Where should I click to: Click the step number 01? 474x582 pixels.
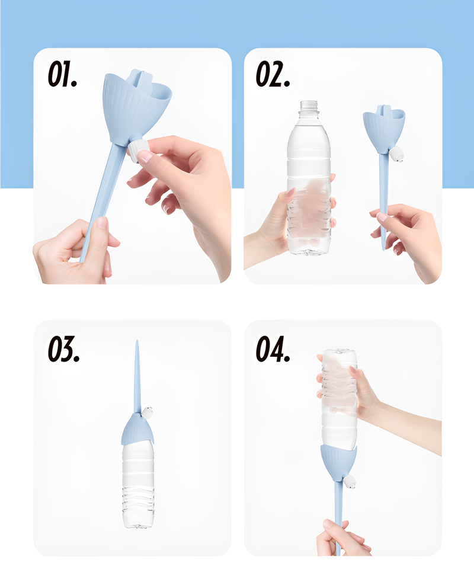click(62, 75)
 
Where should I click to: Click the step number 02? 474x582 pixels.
click(273, 75)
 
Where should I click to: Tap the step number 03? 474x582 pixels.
click(63, 349)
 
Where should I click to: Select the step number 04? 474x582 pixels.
click(273, 349)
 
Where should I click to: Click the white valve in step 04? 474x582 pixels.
click(350, 481)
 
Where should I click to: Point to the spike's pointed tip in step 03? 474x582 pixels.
click(137, 341)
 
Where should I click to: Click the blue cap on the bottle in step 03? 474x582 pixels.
click(137, 430)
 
